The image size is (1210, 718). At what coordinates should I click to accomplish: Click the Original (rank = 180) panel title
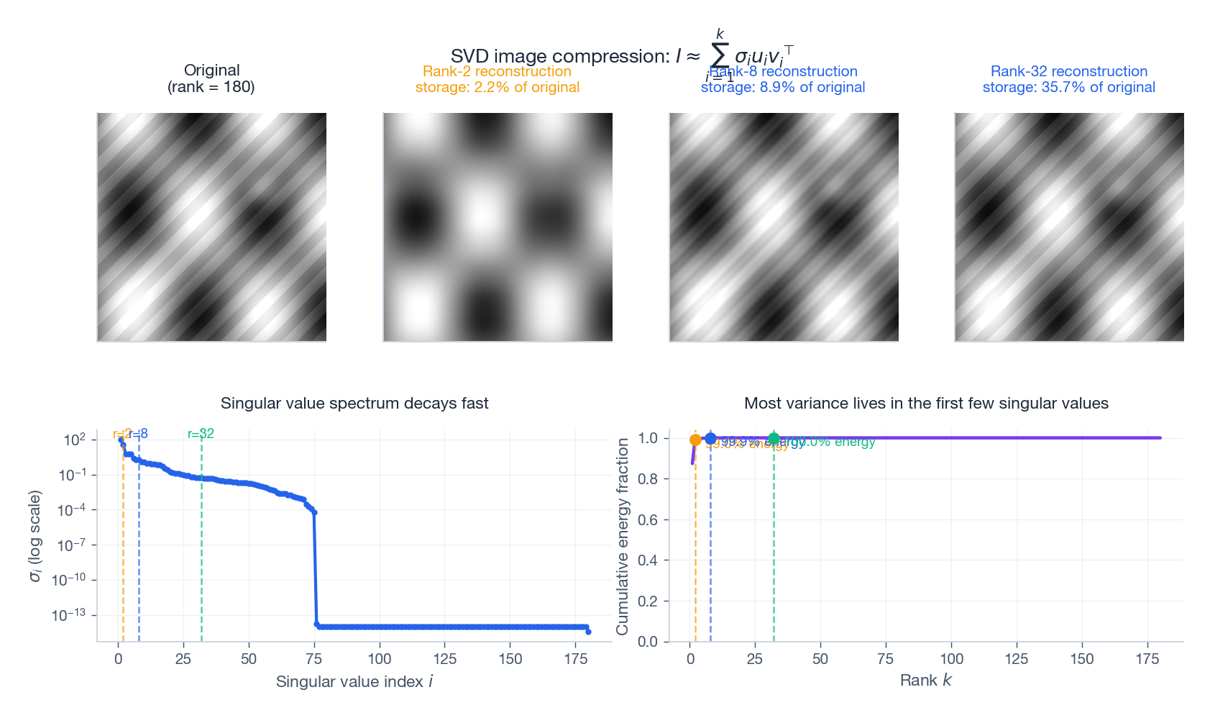point(211,78)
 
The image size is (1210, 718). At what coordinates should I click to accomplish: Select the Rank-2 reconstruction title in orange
point(497,71)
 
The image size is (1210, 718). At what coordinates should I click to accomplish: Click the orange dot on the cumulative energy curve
point(695,440)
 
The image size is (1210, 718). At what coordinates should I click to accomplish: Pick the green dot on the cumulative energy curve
point(774,439)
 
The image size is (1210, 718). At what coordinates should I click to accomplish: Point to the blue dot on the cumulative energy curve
point(710,438)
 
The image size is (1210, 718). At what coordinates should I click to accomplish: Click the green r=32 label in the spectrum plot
point(201,434)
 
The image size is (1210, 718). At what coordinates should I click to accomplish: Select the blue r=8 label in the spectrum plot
point(139,434)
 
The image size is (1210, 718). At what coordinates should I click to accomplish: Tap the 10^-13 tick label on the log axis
point(68,615)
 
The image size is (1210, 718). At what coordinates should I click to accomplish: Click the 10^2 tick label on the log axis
point(74,440)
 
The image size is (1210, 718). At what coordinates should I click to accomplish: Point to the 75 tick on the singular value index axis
point(313,659)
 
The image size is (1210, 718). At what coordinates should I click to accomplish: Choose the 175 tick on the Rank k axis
point(1147,659)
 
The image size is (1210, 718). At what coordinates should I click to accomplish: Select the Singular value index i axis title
point(354,681)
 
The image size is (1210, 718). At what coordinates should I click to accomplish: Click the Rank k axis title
point(925,681)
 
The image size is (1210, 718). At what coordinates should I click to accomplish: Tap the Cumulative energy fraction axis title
point(623,536)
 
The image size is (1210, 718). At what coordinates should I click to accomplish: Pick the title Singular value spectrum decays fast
point(354,403)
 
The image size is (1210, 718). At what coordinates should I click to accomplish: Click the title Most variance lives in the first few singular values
point(926,403)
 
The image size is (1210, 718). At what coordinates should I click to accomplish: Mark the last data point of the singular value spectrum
point(588,632)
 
